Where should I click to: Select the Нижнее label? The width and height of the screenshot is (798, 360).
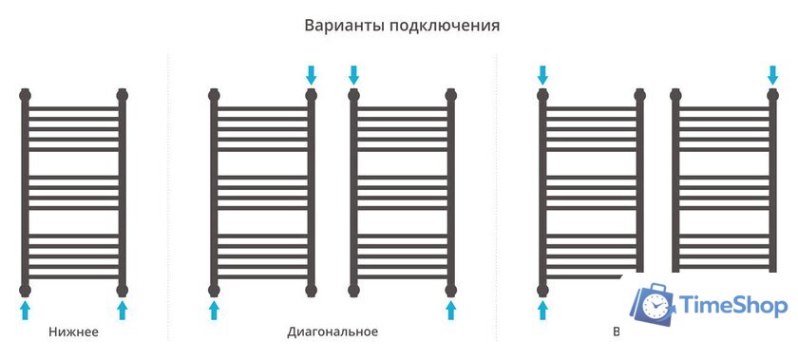[x=73, y=332]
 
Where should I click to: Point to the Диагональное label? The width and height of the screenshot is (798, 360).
[x=332, y=332]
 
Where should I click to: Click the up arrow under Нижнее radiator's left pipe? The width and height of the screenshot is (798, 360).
[x=26, y=311]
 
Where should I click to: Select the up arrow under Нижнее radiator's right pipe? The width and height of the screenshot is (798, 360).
[x=122, y=311]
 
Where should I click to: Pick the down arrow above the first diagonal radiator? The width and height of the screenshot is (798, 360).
[x=311, y=74]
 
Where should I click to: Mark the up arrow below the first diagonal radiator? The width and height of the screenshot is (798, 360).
[x=214, y=311]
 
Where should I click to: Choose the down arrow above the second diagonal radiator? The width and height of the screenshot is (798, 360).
[x=354, y=74]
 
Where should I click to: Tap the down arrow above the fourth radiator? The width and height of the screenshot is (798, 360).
[x=542, y=74]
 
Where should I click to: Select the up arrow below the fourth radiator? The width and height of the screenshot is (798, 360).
[x=542, y=311]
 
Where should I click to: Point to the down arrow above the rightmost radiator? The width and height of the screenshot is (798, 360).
[x=772, y=74]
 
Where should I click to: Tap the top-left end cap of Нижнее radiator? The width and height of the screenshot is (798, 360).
[x=26, y=95]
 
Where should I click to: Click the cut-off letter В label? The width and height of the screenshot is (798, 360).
[x=617, y=332]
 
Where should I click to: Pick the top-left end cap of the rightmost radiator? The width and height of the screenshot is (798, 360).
[x=675, y=95]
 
